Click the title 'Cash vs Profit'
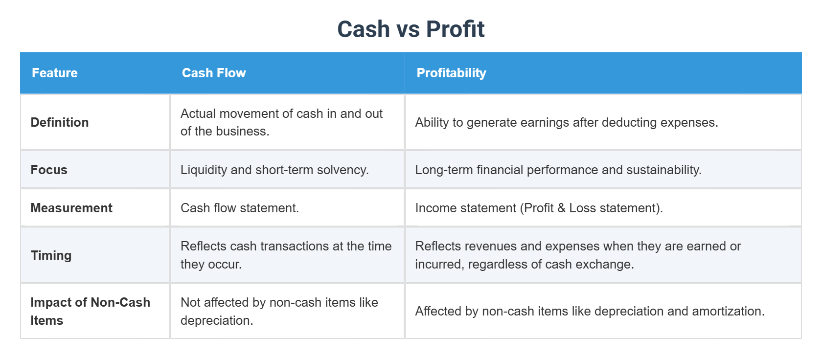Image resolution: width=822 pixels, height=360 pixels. click(x=411, y=29)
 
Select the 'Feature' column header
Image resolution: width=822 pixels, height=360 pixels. click(x=55, y=73)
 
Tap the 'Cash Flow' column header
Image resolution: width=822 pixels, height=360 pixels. click(x=214, y=73)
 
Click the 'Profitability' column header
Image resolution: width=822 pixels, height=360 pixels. click(x=451, y=73)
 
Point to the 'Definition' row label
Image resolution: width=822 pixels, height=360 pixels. click(x=60, y=122)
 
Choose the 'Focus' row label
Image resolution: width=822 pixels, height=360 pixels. click(x=49, y=170)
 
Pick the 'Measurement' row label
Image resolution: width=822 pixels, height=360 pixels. click(x=71, y=208)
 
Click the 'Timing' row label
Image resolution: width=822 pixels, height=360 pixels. click(x=51, y=255)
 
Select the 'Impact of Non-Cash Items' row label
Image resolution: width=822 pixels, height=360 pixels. click(x=90, y=311)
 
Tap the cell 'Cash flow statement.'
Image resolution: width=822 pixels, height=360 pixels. click(x=240, y=208)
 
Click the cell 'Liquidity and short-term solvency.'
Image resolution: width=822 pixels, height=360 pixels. click(x=274, y=170)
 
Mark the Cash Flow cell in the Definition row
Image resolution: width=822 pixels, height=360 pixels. click(x=281, y=122)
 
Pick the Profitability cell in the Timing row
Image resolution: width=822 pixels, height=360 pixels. click(x=577, y=255)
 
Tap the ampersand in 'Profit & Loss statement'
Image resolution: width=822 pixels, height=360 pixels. click(x=561, y=208)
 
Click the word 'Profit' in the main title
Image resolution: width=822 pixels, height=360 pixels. click(x=455, y=29)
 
